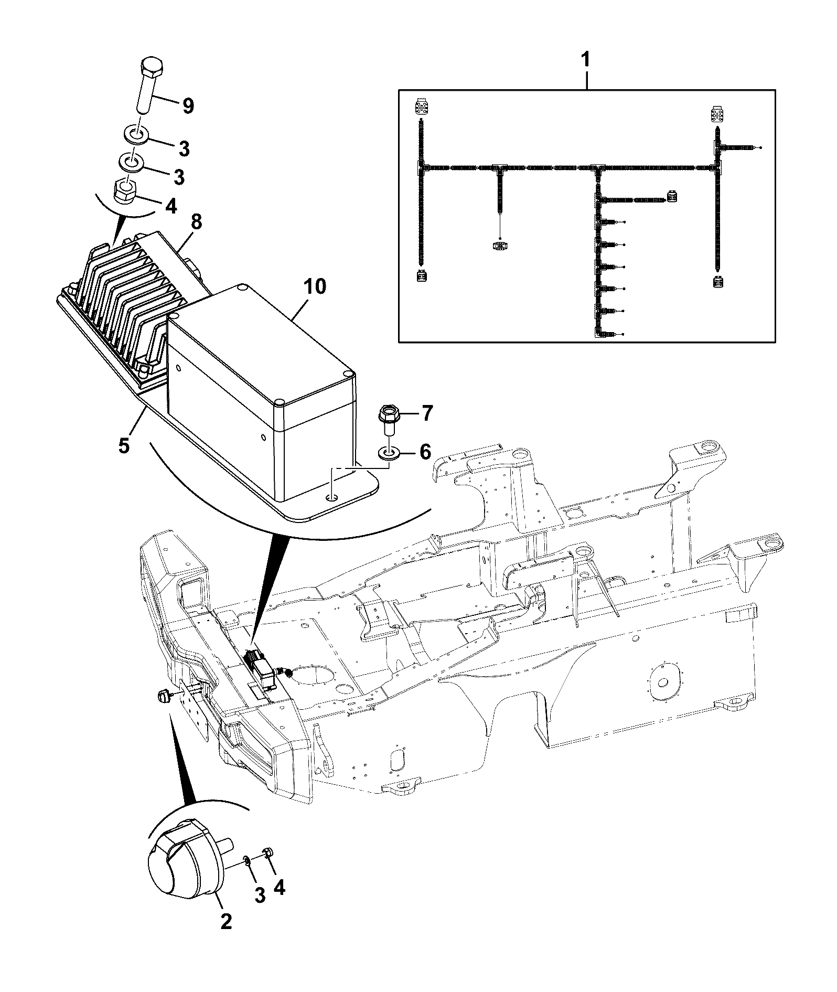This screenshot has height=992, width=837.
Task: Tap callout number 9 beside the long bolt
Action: tap(187, 106)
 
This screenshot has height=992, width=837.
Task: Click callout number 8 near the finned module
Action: tap(196, 223)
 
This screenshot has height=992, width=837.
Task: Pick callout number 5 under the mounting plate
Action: tap(123, 447)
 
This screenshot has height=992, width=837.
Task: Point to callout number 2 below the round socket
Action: tap(226, 935)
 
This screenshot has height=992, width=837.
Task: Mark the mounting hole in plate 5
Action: tap(331, 496)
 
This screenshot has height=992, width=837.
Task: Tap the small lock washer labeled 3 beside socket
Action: tap(246, 859)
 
